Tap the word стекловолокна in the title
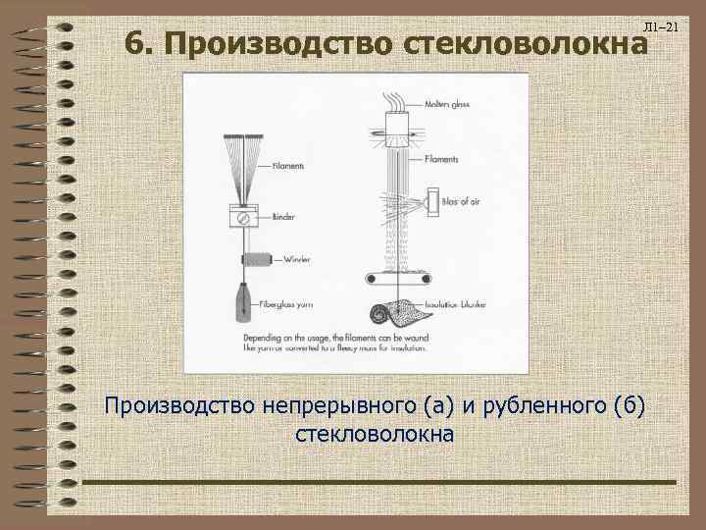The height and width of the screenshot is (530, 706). [520, 44]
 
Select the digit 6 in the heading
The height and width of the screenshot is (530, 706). [136, 44]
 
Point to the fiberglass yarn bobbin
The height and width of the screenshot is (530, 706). [241, 303]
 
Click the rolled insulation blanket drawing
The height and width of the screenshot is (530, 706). [401, 311]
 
